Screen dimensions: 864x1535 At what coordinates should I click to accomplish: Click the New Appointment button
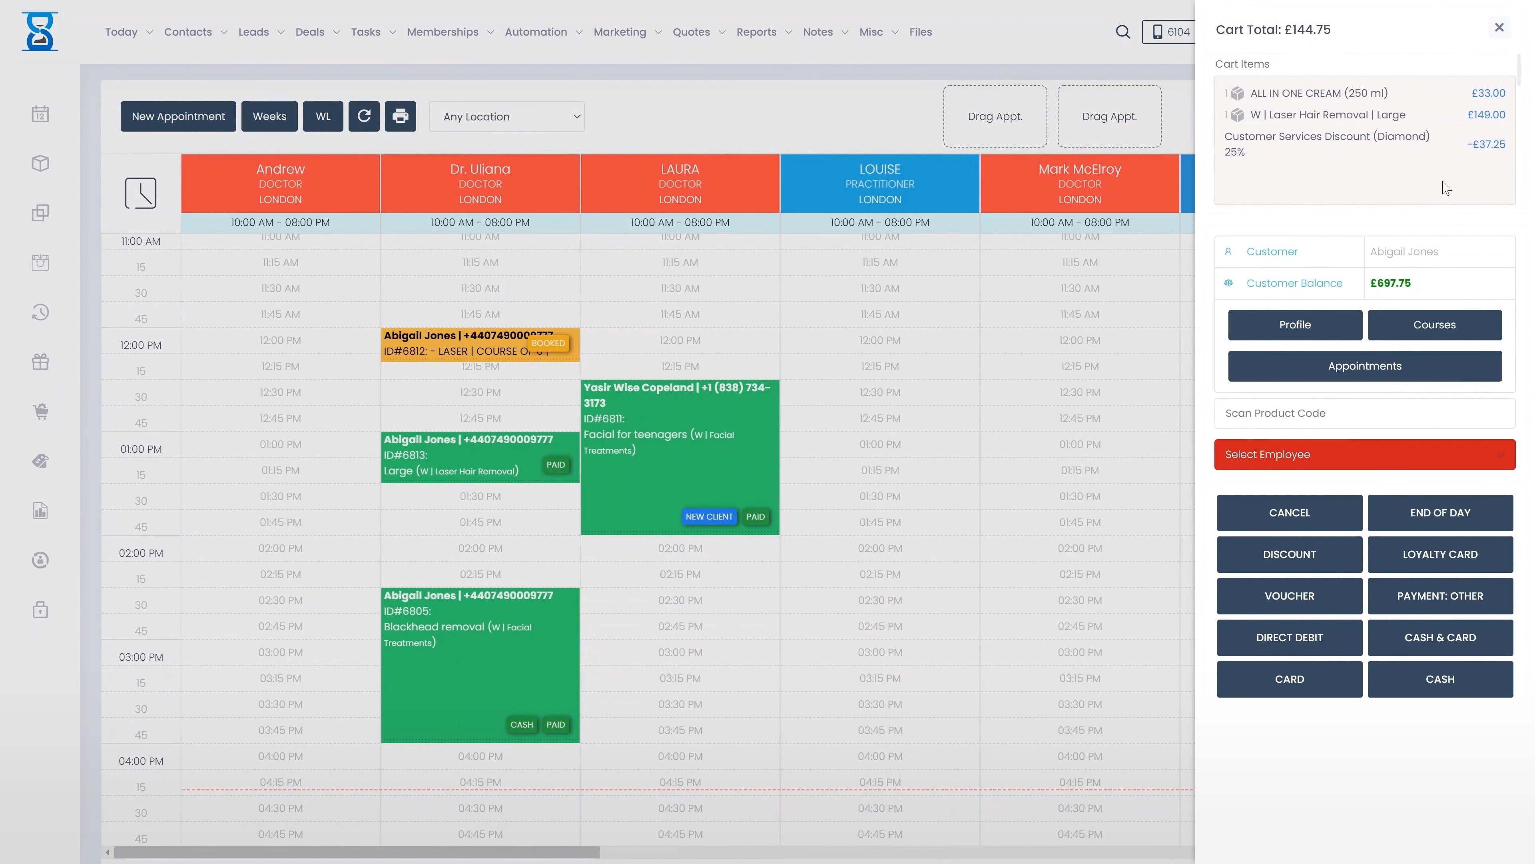(x=178, y=116)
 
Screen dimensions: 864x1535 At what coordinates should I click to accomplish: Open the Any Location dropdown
(x=506, y=117)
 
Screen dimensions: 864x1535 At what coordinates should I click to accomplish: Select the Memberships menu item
(x=443, y=32)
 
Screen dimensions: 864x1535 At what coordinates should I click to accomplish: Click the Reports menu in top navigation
(x=756, y=32)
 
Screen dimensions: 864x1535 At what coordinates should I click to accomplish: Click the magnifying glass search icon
(x=1122, y=32)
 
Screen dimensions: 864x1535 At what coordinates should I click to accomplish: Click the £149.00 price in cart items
(x=1486, y=114)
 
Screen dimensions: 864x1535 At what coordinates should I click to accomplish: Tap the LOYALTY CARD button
(x=1439, y=554)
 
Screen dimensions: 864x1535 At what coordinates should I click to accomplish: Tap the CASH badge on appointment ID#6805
(x=521, y=724)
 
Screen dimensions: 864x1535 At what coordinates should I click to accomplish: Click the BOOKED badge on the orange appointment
(x=548, y=343)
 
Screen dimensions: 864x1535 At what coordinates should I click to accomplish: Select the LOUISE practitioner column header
(x=879, y=183)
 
